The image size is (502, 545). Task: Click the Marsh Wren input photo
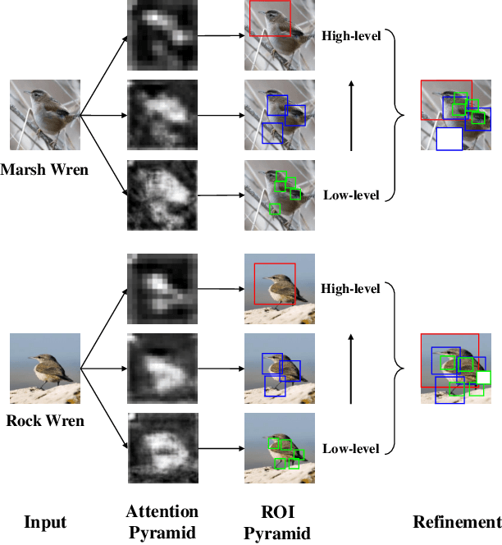coord(44,114)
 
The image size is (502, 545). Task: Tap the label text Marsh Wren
coord(44,171)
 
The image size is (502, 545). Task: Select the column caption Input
coord(44,522)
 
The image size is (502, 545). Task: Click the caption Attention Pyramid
coord(162,522)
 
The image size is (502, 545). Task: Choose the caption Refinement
coord(456,522)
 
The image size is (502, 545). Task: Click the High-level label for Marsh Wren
coord(351,37)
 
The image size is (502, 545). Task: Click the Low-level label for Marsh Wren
coord(351,195)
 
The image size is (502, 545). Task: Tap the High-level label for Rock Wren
coord(351,289)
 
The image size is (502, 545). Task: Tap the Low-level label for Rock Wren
coord(351,448)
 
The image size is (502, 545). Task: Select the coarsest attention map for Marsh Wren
coord(162,34)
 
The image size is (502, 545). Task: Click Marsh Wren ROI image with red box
coord(281,34)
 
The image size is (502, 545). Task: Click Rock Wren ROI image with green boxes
coord(281,447)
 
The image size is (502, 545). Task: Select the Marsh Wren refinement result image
coord(455,115)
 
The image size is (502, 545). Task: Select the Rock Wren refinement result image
coord(455,368)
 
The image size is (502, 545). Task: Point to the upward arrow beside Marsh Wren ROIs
coord(350,116)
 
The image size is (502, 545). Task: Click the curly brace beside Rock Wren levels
coord(397,368)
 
